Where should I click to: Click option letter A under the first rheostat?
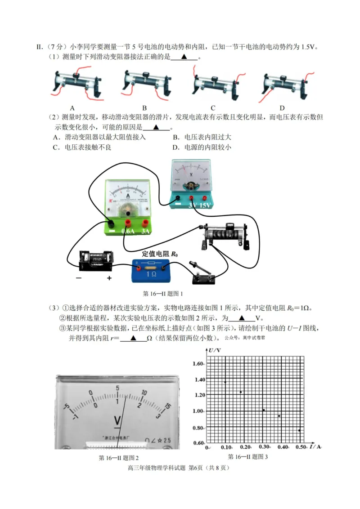pos(72,108)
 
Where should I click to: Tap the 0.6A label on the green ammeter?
pos(128,232)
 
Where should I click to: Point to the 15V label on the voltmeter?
pos(205,205)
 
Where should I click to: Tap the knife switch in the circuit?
pos(201,273)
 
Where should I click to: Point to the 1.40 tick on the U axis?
pos(198,380)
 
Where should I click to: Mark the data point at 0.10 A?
pos(225,382)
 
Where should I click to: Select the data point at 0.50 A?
pos(299,430)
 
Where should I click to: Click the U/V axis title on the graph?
pos(215,350)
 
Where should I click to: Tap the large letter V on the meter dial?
pos(118,420)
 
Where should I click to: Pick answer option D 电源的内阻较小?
pos(202,147)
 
